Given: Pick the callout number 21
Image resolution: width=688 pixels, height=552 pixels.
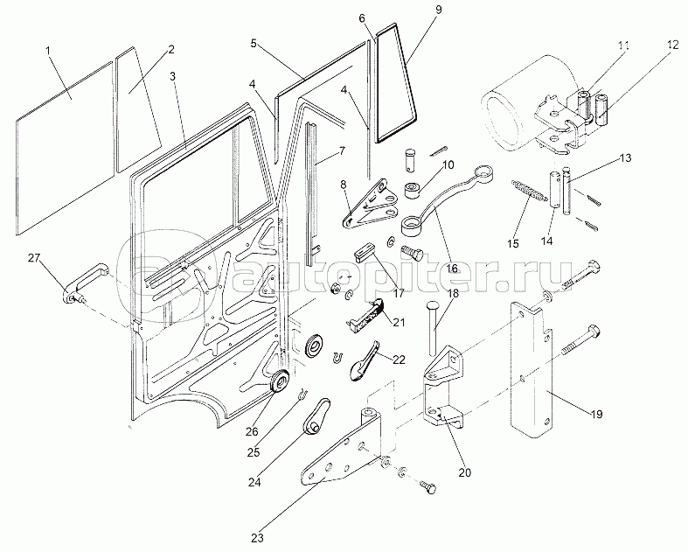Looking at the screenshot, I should (x=400, y=323).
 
